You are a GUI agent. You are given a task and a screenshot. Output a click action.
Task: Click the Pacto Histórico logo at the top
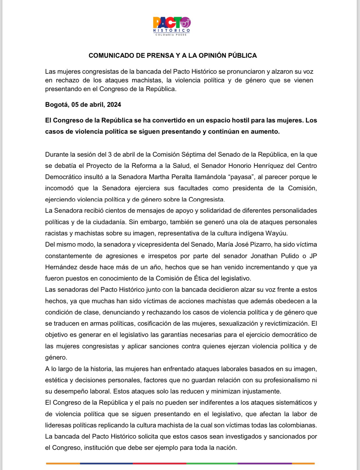[172, 26]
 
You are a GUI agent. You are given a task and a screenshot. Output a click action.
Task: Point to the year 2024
[114, 105]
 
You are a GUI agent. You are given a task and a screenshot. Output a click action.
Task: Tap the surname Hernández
[61, 267]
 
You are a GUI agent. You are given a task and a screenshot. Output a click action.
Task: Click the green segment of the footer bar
[212, 463]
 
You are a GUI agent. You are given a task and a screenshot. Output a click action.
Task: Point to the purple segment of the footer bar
[265, 463]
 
